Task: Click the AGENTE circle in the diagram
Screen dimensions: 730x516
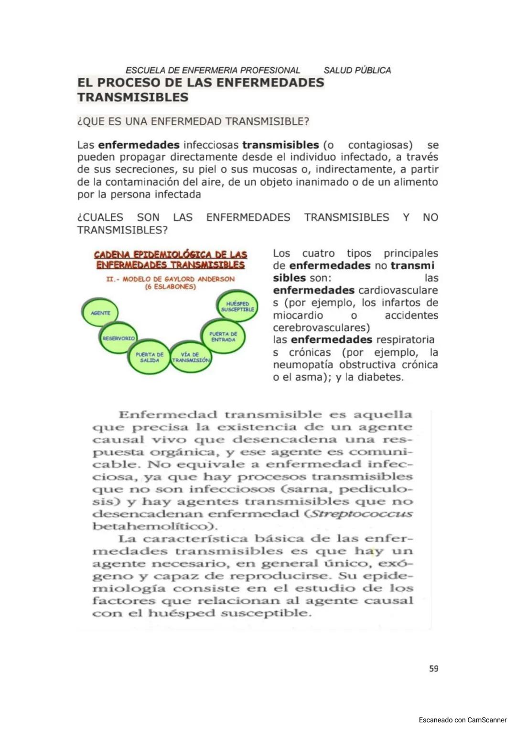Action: tap(100, 313)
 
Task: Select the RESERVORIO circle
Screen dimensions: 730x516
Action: tap(118, 338)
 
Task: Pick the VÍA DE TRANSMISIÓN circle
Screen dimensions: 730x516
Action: tap(191, 358)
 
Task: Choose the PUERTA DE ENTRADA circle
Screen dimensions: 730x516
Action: tap(223, 337)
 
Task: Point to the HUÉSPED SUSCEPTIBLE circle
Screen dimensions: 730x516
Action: tap(237, 306)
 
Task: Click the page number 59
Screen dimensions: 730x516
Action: tap(433, 669)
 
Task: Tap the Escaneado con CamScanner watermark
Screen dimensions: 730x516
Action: tap(462, 719)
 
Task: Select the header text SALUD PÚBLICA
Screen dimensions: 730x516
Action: tap(357, 70)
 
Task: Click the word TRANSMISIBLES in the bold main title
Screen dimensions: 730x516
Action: tap(133, 98)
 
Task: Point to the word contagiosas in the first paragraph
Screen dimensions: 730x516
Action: tap(380, 145)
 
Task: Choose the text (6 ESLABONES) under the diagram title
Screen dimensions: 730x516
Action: tap(170, 287)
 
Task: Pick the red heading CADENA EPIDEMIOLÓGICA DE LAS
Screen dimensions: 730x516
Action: tap(171, 254)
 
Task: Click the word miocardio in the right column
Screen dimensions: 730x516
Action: tap(298, 316)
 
